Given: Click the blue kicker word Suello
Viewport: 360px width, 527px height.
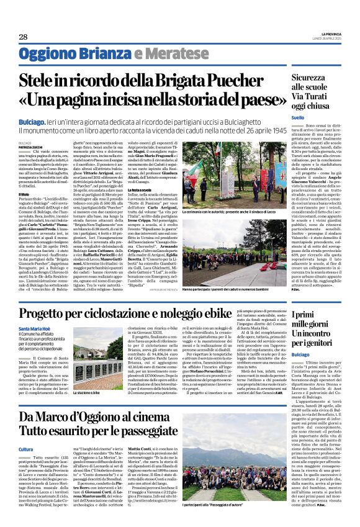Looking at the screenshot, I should pyautogui.click(x=298, y=117).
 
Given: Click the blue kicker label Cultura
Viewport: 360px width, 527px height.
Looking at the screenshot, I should pyautogui.click(x=26, y=448).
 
